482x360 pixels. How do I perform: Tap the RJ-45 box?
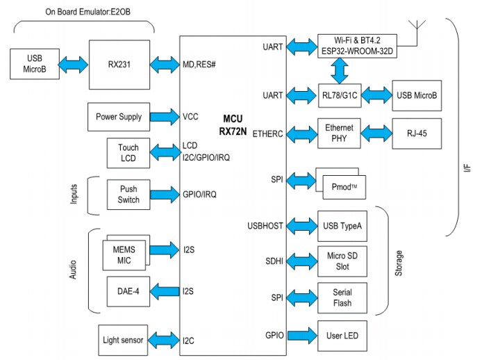[417, 133]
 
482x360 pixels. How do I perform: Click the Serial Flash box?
[341, 297]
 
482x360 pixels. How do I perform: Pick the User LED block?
[341, 336]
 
